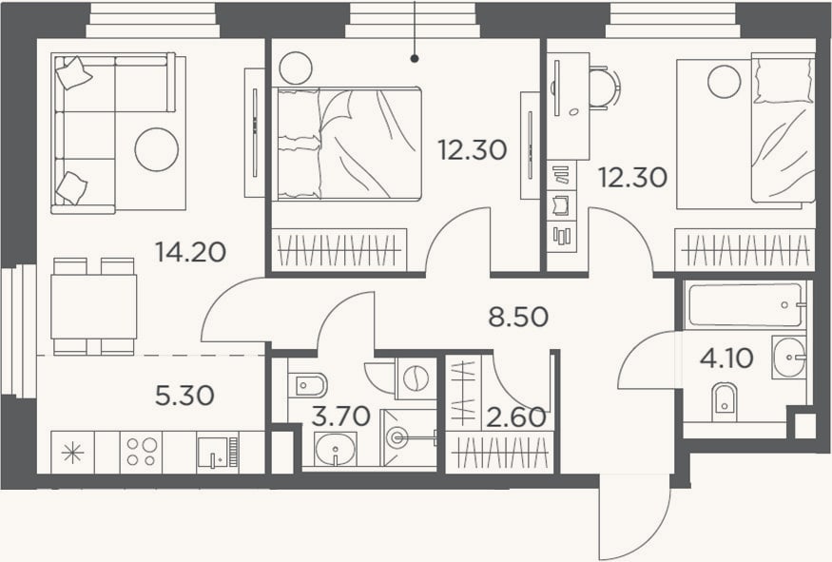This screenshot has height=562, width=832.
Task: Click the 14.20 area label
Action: point(191,252)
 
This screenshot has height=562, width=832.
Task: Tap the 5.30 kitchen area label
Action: point(184,396)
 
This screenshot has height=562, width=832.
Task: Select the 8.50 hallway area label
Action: point(518,317)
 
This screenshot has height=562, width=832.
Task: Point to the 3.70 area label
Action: point(340,417)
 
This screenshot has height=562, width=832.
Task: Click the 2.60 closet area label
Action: point(515,417)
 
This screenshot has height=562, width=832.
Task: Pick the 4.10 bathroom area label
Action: point(726,359)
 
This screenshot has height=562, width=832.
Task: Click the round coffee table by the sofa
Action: point(157,149)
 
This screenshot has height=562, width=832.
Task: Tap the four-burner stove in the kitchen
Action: point(141,452)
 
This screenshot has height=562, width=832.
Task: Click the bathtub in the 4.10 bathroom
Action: point(745,305)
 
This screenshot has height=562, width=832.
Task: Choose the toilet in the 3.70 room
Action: point(307,384)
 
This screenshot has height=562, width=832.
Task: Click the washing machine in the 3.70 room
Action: point(416,378)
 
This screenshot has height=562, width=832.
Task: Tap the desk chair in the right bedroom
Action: point(606,87)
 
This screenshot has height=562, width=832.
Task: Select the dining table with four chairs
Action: point(93,306)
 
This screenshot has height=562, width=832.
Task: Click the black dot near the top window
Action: point(415,59)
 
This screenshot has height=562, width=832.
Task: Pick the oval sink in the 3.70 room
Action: point(335,449)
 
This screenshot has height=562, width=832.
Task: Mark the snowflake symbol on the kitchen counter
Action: point(72,452)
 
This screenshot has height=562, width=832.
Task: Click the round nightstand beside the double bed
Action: point(296,68)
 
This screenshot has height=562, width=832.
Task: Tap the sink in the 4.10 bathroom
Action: point(789,357)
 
